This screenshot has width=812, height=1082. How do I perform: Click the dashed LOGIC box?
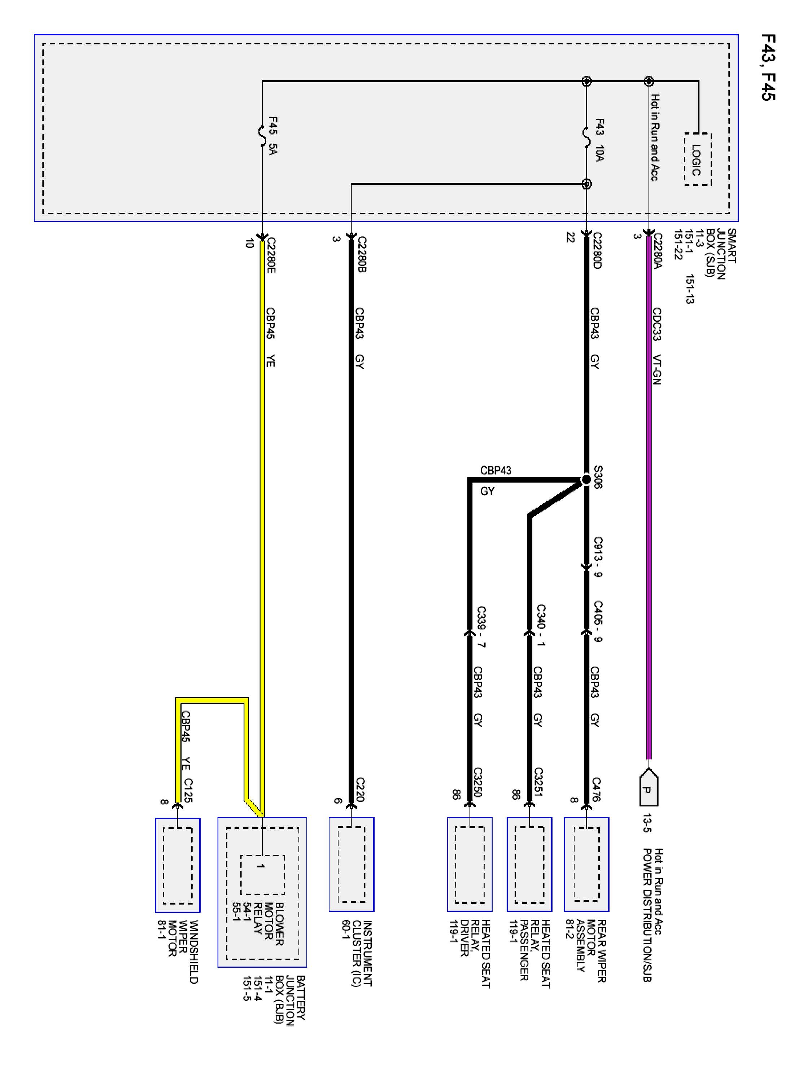pyautogui.click(x=698, y=159)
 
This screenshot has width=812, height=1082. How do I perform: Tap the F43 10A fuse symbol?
pyautogui.click(x=586, y=133)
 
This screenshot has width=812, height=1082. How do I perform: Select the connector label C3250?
pyautogui.click(x=478, y=782)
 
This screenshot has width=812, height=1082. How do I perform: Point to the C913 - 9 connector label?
pyautogui.click(x=598, y=557)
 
